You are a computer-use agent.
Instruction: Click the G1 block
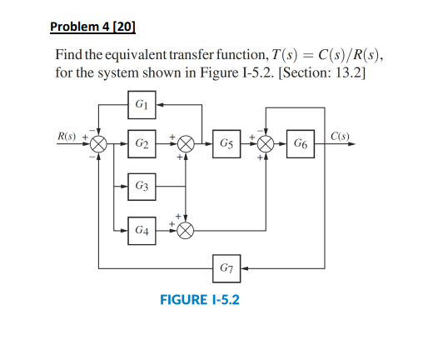click(141, 106)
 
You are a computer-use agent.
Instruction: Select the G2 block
click(141, 144)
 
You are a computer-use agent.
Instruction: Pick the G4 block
click(141, 228)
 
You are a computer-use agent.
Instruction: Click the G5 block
click(225, 144)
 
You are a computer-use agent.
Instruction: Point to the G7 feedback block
click(225, 268)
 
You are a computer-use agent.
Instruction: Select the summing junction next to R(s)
click(99, 144)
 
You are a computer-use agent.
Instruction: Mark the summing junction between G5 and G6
click(266, 144)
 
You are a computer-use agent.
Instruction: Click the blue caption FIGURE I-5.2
click(199, 297)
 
